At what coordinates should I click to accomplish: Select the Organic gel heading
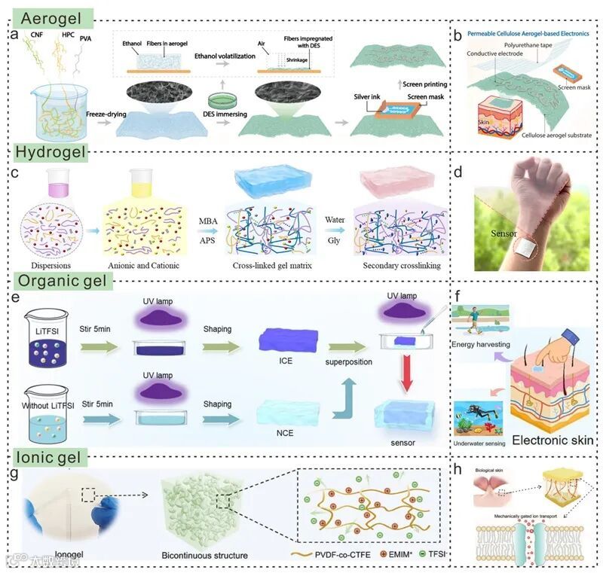pos(66,281)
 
